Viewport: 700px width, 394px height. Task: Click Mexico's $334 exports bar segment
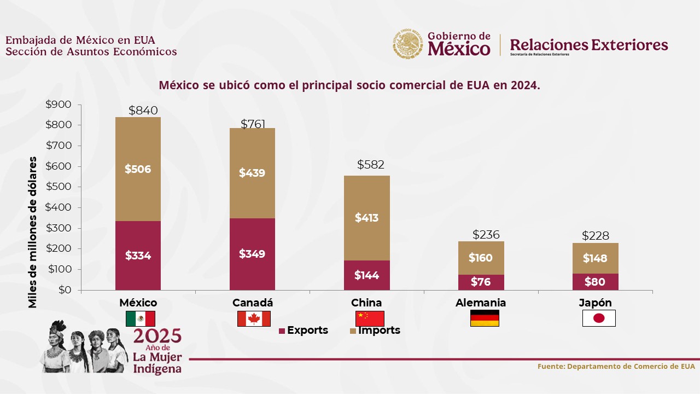pos(138,256)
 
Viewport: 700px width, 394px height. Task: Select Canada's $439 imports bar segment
pos(252,173)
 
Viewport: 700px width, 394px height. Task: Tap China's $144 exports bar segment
pos(366,275)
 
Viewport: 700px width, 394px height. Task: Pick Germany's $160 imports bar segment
pos(481,258)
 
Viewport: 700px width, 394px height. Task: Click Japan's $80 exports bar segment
pos(595,282)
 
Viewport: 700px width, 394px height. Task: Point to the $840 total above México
pos(143,111)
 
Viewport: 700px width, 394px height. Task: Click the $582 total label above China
pos(371,165)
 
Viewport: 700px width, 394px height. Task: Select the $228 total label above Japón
pos(596,236)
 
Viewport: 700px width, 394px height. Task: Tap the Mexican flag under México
pos(141,318)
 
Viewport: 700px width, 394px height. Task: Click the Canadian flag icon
pos(254,318)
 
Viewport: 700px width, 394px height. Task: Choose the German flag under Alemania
pos(485,318)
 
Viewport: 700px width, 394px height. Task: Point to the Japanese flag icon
pos(599,318)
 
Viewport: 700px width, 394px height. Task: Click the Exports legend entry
pos(304,331)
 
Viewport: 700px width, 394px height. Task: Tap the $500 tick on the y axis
pos(59,187)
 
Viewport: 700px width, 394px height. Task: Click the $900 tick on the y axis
pos(59,105)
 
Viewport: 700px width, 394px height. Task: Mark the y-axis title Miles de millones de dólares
pos(33,232)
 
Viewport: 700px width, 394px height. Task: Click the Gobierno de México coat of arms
pos(409,44)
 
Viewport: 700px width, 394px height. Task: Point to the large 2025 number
pos(157,337)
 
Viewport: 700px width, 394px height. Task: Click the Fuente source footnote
pos(616,366)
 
